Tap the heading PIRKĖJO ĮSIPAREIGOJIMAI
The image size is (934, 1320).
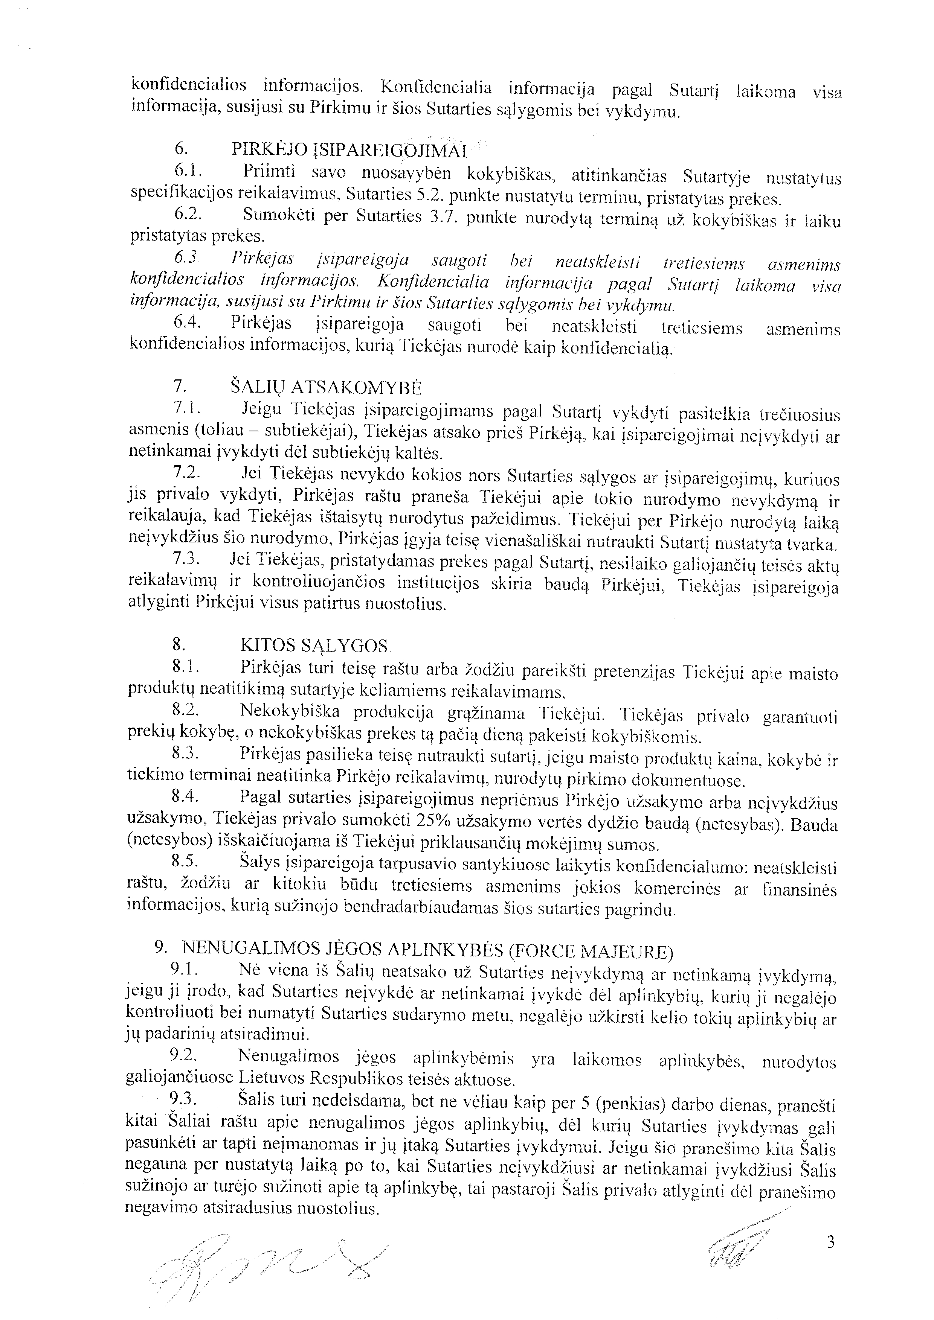click(348, 150)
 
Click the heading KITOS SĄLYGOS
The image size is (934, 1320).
click(316, 646)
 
